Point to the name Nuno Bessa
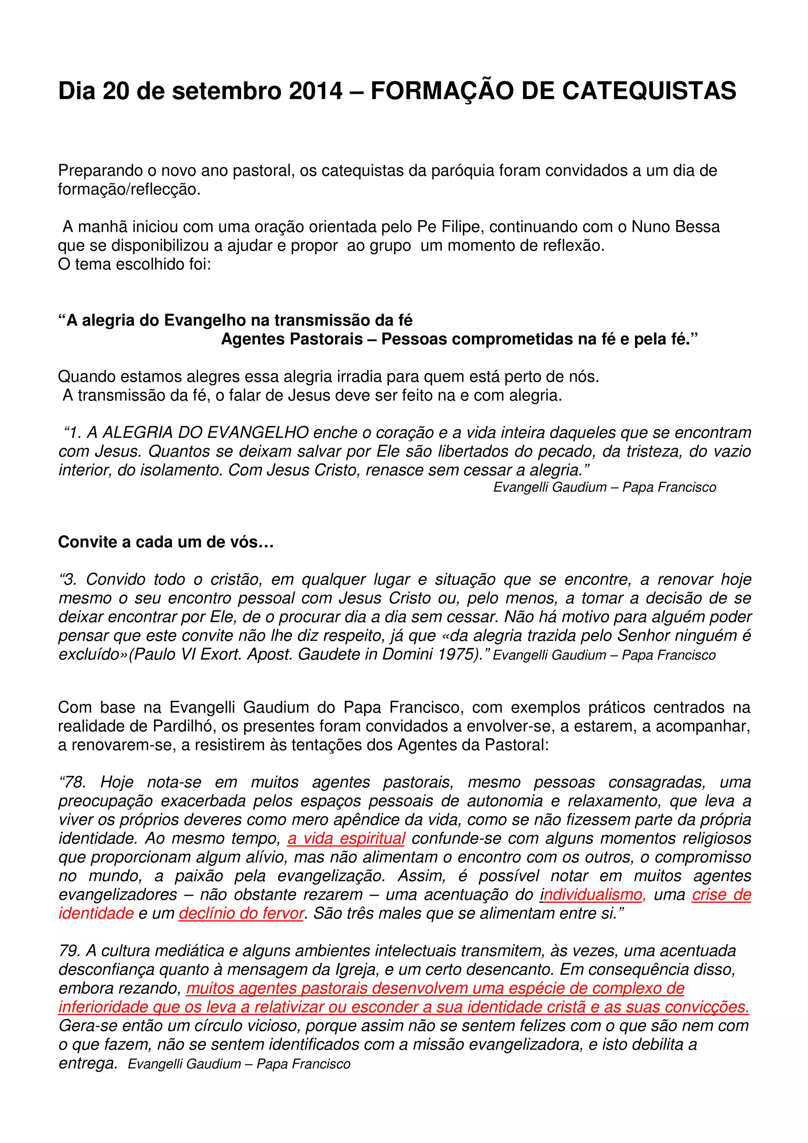(x=675, y=227)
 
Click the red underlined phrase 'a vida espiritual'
(x=346, y=839)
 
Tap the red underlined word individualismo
(x=591, y=895)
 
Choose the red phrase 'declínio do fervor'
(x=241, y=913)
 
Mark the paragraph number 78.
(x=73, y=782)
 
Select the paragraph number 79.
(x=69, y=951)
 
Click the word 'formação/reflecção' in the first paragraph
(x=129, y=190)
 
